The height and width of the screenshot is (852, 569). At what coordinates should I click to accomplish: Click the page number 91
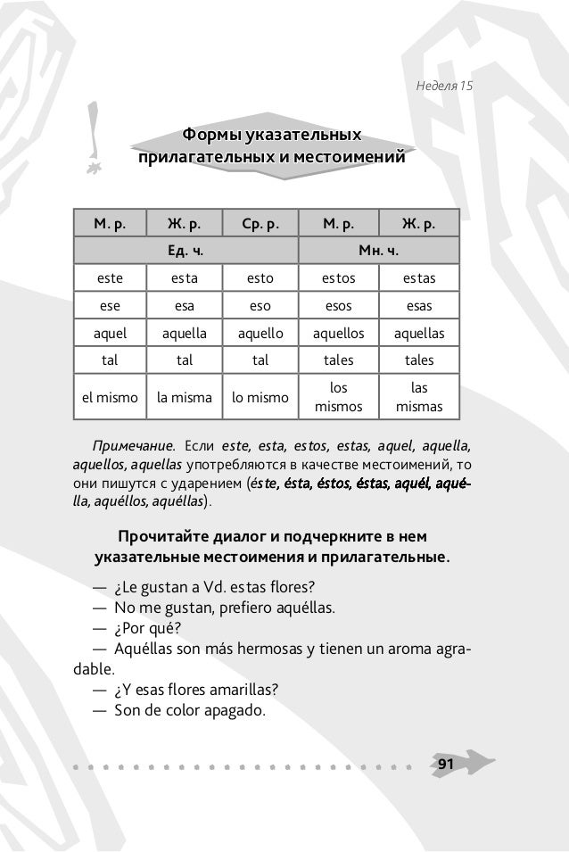(445, 765)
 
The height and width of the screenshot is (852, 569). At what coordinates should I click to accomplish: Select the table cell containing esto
(260, 278)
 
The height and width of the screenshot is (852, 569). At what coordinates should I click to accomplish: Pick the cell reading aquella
(185, 334)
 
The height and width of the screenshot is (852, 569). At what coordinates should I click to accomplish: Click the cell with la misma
(185, 398)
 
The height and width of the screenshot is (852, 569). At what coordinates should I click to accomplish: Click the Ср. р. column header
(260, 223)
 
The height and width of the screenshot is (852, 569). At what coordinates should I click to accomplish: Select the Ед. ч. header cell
(186, 251)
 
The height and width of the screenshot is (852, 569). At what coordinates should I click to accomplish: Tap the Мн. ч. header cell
(379, 251)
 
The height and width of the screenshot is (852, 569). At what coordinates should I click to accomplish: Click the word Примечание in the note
(127, 444)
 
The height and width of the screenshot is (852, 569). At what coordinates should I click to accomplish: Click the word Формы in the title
(210, 136)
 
